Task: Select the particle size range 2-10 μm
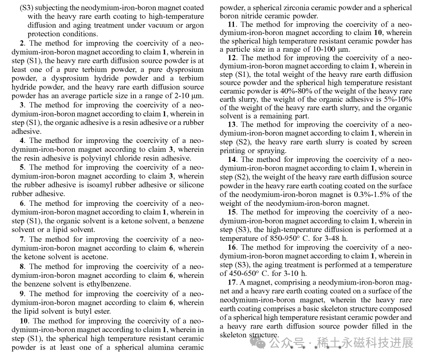point(186,96)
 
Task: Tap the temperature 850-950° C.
point(278,238)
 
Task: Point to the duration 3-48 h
point(332,238)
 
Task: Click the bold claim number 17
point(232,282)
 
